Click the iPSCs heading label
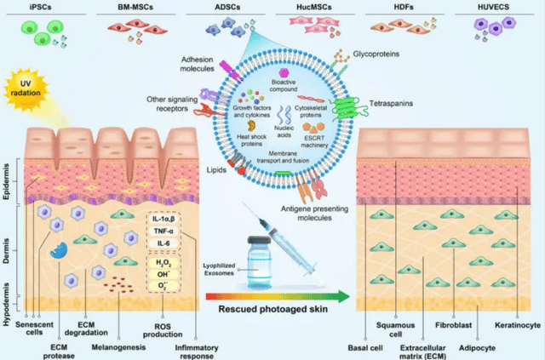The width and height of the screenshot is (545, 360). [40, 7]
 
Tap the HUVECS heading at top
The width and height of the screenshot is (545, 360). [493, 7]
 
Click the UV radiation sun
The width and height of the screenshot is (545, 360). [26, 89]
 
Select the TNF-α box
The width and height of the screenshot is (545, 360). [163, 231]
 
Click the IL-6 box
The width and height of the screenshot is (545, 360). [163, 243]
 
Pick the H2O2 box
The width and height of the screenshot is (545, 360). [163, 263]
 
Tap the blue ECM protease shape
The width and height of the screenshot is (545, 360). [59, 250]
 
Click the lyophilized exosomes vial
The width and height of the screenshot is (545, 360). [259, 262]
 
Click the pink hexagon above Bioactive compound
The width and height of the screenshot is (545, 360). [284, 72]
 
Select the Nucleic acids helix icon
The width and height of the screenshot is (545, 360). [284, 115]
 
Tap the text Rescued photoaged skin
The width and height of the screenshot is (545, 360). [272, 309]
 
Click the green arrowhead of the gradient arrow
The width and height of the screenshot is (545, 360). [343, 296]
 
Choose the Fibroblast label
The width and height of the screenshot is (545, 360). [454, 325]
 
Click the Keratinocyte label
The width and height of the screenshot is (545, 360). [518, 325]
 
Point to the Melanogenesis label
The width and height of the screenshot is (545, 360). [118, 347]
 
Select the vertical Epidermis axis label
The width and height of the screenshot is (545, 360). [6, 181]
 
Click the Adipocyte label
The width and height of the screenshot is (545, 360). [477, 348]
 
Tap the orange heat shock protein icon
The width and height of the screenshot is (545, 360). [251, 126]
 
